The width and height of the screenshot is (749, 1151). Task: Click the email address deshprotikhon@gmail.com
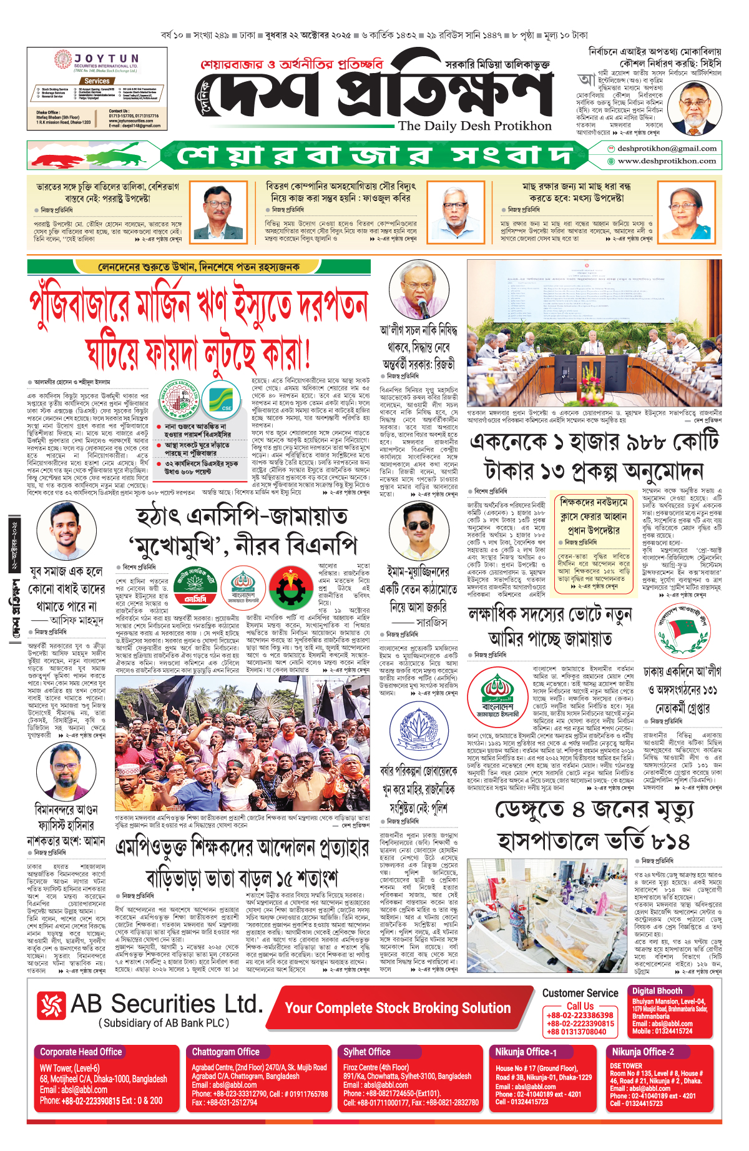point(667,149)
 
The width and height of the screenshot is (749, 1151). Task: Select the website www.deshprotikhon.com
point(667,161)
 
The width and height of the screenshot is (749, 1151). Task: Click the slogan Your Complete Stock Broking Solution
point(398,1008)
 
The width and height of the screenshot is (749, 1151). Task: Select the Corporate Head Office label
point(81,1052)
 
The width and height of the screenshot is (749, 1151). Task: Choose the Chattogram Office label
point(226,1052)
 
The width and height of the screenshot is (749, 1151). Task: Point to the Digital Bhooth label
point(657,991)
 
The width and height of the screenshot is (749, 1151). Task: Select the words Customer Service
point(580,993)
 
